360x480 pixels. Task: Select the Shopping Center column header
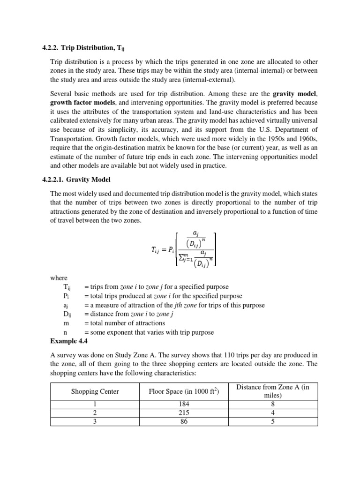[x=95, y=391]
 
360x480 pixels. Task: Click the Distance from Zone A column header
[x=272, y=391]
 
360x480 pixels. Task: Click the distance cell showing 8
[x=272, y=404]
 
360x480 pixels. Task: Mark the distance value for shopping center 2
[x=272, y=412]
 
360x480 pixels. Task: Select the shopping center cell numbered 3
[x=95, y=421]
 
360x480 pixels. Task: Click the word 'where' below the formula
[x=59, y=278]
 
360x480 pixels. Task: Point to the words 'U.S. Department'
[x=287, y=130]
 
